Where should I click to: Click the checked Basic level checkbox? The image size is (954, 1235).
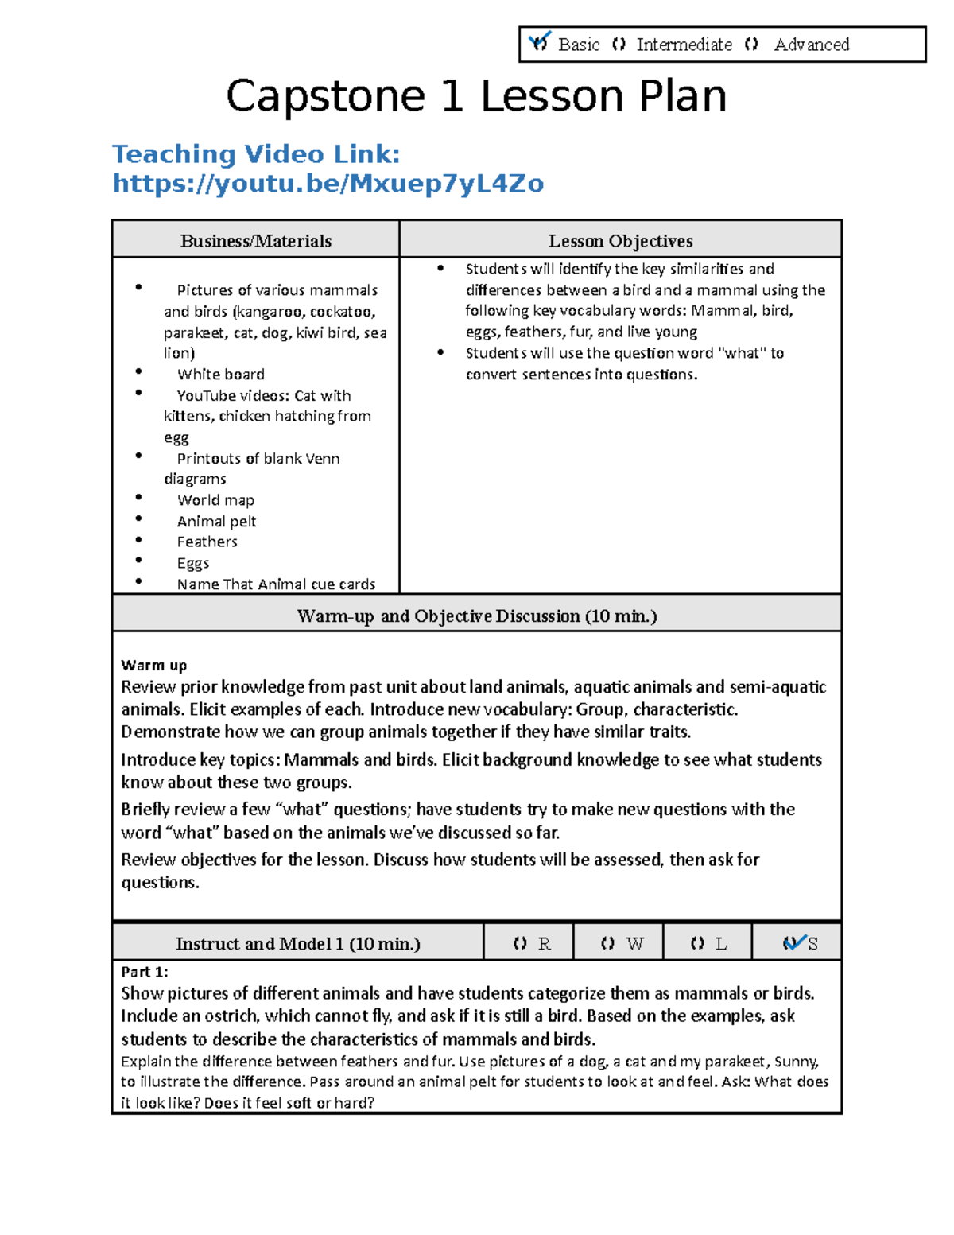539,43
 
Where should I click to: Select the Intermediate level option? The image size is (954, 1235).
619,45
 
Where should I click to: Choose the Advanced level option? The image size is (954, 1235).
751,45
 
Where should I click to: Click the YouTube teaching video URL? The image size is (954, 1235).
328,184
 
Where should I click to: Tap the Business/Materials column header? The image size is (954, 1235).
255,241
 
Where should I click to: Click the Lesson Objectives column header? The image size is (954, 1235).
620,241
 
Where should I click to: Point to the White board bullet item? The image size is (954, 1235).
220,375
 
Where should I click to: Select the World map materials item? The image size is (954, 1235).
215,500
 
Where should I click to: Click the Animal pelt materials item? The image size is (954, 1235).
216,522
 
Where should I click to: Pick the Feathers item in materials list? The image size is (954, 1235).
207,542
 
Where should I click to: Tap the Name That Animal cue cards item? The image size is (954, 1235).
276,584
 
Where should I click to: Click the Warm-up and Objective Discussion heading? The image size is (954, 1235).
476,616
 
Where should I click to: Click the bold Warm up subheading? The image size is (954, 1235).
153,665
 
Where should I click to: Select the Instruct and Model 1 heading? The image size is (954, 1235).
297,944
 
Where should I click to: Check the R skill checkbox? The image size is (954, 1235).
520,944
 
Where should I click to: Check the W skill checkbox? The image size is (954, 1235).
607,944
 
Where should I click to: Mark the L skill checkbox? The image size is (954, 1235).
697,944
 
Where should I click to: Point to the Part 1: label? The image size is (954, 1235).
144,972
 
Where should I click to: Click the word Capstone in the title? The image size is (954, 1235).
326,97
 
